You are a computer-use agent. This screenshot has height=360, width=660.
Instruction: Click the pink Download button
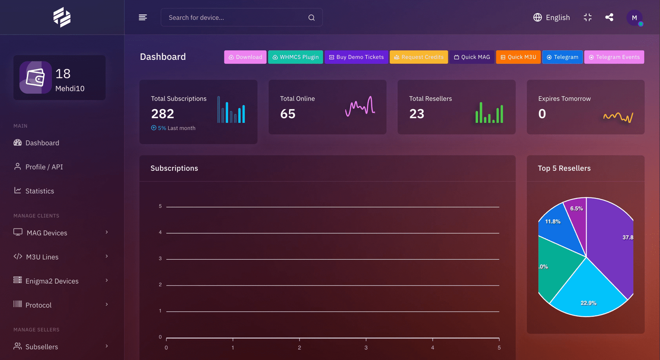(x=245, y=57)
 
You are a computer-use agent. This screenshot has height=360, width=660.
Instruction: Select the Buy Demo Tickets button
(x=356, y=57)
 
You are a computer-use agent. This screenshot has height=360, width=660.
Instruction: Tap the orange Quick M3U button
(x=518, y=57)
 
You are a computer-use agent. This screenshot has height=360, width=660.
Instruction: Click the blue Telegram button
(x=562, y=57)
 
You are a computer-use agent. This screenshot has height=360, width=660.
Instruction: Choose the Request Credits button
(x=419, y=57)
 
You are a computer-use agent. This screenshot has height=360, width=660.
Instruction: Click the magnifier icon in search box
(x=311, y=18)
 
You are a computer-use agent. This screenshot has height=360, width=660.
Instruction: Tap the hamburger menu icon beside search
(x=143, y=17)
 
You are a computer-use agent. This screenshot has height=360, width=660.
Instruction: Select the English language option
(x=552, y=17)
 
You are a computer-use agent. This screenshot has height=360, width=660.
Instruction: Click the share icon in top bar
(x=609, y=17)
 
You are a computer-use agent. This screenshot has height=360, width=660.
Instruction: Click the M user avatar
(x=634, y=18)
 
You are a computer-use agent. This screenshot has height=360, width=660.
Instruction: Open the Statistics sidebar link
(x=40, y=191)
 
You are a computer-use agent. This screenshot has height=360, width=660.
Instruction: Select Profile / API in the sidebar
(x=44, y=167)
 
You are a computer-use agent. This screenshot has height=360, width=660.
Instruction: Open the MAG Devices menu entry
(x=47, y=233)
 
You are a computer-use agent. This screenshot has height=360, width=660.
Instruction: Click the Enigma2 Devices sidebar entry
(x=52, y=281)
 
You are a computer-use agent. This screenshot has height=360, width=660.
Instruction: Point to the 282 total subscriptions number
(x=163, y=114)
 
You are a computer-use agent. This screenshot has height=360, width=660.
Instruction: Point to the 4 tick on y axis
(x=160, y=233)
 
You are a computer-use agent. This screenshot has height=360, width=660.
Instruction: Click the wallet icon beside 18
(x=35, y=78)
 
